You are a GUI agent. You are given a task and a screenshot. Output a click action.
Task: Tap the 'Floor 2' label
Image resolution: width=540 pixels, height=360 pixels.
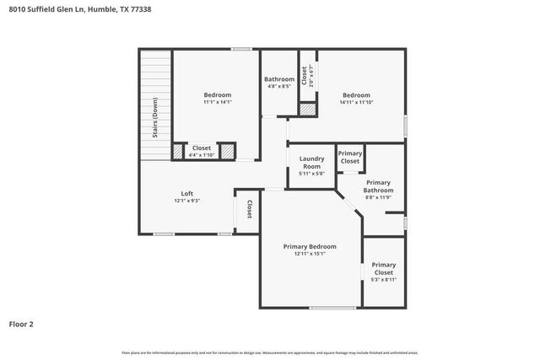point(21,323)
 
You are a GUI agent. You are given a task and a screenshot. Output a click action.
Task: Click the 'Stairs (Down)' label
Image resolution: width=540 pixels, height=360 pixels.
point(155,122)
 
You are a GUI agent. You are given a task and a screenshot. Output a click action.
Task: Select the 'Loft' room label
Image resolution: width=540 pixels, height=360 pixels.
point(186,193)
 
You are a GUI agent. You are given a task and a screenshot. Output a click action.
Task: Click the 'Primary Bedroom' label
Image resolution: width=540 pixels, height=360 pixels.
point(310,246)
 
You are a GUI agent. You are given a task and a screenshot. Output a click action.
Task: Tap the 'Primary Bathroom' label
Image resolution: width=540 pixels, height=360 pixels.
point(378,186)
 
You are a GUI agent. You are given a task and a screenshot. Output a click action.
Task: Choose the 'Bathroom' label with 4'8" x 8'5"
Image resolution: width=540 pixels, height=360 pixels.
point(279,79)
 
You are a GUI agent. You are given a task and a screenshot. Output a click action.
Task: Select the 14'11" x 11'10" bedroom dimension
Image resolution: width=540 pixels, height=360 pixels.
point(356,102)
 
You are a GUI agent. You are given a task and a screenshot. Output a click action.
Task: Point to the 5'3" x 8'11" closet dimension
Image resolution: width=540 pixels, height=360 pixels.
point(383,280)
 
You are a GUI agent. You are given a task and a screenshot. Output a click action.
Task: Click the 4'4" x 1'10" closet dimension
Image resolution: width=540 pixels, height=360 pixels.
point(202,154)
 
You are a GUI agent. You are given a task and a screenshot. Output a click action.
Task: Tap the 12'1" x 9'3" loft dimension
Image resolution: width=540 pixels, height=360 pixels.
point(186,201)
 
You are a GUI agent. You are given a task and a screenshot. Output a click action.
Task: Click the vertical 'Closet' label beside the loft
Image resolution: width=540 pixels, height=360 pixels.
point(249,209)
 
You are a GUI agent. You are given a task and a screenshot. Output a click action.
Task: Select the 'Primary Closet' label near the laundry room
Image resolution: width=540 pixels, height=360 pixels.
point(349,158)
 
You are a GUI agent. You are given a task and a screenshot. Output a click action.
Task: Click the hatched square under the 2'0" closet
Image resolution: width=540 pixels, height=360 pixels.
point(309,110)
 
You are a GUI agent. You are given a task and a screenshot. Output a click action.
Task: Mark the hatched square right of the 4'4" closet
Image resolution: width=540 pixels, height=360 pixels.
point(227,151)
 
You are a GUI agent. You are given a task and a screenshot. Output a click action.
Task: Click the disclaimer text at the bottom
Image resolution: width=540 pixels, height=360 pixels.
point(270,352)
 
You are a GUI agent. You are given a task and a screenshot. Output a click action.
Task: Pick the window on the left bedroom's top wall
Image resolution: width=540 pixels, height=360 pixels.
point(242,49)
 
